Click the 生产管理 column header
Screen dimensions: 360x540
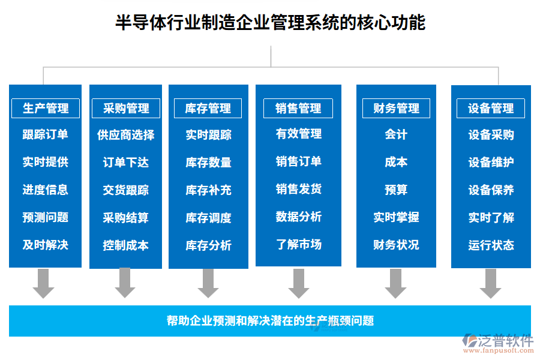[46, 109]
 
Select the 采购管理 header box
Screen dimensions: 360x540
[126, 109]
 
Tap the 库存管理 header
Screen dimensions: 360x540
[208, 109]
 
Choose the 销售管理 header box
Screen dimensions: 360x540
[298, 109]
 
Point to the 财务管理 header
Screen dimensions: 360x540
[396, 109]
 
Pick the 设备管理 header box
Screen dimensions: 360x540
[491, 109]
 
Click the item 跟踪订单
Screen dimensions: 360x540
[46, 134]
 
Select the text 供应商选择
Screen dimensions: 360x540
[126, 135]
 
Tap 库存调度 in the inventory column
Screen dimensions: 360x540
[208, 218]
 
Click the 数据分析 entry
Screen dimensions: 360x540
[298, 217]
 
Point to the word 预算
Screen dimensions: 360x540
[396, 190]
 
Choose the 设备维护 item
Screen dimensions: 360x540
[491, 163]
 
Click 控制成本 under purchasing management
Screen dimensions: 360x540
[126, 245]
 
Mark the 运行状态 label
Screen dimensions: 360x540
[491, 245]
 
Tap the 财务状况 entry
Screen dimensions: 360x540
[396, 245]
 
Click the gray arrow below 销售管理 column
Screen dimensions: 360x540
[298, 283]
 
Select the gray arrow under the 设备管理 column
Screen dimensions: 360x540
[491, 283]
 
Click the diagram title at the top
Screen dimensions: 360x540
[270, 23]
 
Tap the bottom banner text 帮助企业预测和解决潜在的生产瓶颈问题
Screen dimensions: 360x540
[270, 320]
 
